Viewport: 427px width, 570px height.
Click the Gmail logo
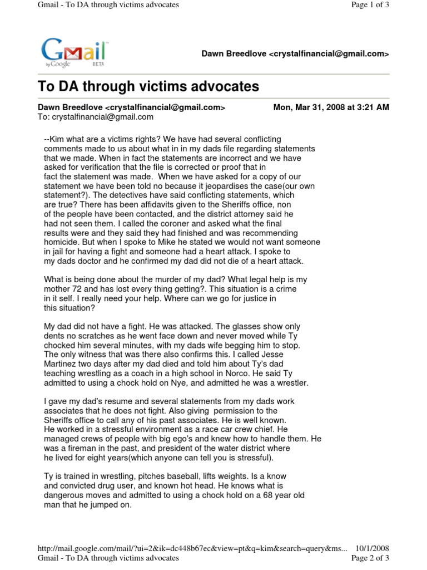(x=73, y=53)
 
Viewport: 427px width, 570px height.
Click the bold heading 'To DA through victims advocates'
(x=148, y=87)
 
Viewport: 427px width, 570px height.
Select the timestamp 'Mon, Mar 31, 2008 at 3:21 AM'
(x=331, y=107)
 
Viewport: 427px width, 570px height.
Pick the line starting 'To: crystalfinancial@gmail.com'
(x=95, y=117)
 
